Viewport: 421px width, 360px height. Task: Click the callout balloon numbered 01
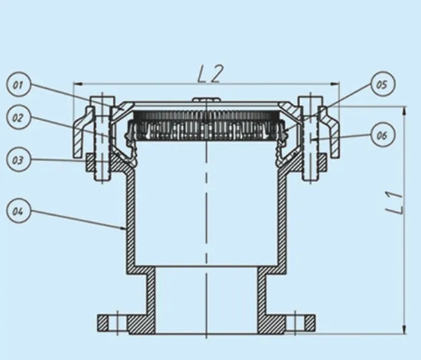pyautogui.click(x=17, y=85)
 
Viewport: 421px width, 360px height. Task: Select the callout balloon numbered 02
pyautogui.click(x=17, y=117)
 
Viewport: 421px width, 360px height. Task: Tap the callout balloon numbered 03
pyautogui.click(x=17, y=160)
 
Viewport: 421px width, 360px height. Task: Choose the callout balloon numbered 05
pyautogui.click(x=381, y=85)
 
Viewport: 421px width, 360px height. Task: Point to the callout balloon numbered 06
pyautogui.click(x=381, y=136)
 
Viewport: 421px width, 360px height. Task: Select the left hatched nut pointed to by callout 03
pyautogui.click(x=91, y=163)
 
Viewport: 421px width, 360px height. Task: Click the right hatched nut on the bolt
pyautogui.click(x=321, y=163)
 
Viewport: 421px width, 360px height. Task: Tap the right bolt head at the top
pyautogui.click(x=310, y=102)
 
